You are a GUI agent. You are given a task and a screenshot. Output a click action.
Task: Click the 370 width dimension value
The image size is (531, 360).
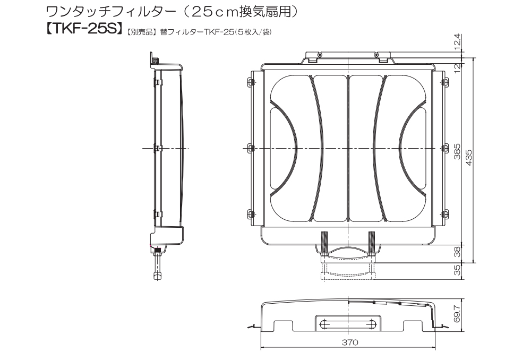click(349, 342)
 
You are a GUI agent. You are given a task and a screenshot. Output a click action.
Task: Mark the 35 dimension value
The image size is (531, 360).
click(457, 270)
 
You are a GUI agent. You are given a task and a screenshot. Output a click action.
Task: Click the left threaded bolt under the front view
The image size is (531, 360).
click(323, 244)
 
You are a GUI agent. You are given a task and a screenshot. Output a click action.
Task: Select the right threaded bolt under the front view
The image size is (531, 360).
click(371, 244)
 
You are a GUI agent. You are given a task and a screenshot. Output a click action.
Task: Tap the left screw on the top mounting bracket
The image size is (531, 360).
click(319, 55)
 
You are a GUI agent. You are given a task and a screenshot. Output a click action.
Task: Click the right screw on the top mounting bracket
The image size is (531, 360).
click(376, 55)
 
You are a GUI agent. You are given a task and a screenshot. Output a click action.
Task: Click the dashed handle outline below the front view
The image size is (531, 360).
click(348, 271)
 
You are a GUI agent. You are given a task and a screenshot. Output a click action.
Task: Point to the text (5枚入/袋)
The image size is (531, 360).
click(254, 33)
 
